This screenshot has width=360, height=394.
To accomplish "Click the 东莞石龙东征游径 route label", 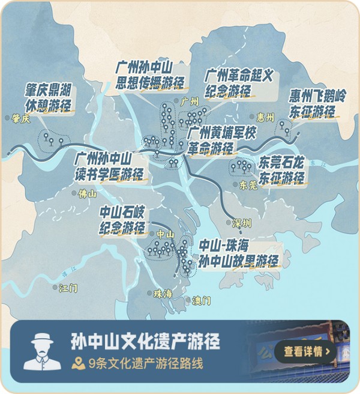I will pyautogui.click(x=281, y=170).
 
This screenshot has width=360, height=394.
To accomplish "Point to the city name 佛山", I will pyautogui.click(x=86, y=194).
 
